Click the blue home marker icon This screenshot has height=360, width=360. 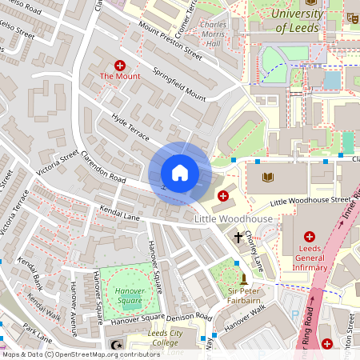pos(180,173)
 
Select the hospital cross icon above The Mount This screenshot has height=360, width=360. pos(120,64)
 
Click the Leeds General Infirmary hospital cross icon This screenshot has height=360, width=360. pos(310,237)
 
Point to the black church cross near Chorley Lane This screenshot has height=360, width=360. pos(238,237)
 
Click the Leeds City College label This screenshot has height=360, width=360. pos(154,338)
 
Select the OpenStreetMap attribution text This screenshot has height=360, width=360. pos(80,354)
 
